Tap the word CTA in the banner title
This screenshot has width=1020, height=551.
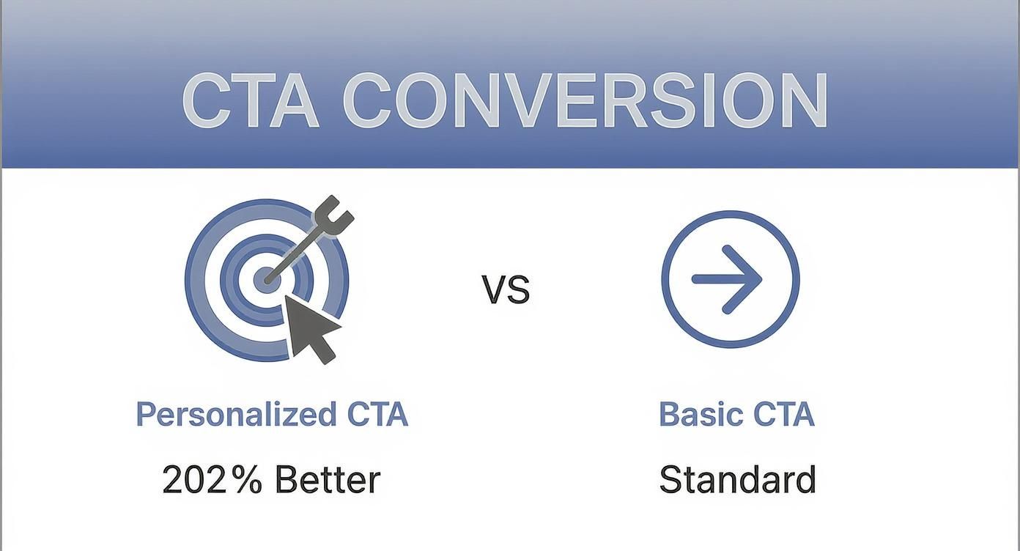tap(250, 100)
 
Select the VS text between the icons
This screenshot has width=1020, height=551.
tap(506, 289)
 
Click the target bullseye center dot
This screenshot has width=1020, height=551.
tap(266, 280)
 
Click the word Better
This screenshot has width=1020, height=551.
tap(328, 480)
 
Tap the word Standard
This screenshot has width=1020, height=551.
tap(737, 480)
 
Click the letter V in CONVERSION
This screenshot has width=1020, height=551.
tap(529, 100)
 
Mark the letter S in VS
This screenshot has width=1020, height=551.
tap(518, 290)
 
